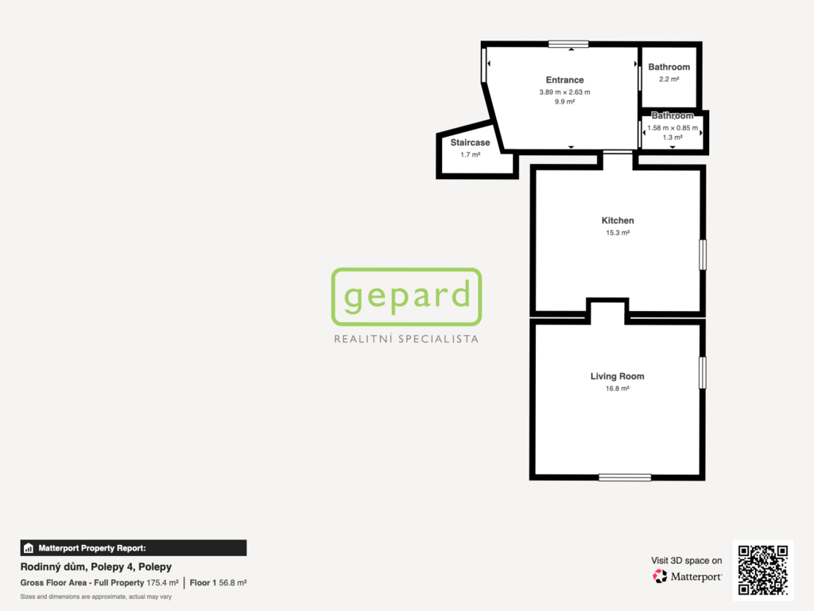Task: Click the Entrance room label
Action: [564, 80]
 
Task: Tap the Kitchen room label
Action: [617, 221]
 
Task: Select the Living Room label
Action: [617, 376]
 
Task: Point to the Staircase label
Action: [470, 142]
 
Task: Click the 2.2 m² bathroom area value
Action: [669, 79]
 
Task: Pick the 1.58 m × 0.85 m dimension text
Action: [673, 128]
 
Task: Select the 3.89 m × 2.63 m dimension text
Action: [564, 92]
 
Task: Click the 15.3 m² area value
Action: [618, 233]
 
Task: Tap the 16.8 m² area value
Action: [617, 388]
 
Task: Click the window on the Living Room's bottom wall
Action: [625, 477]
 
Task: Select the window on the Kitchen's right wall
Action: [703, 255]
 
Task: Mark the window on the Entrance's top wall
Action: [568, 45]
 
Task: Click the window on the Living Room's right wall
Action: [703, 372]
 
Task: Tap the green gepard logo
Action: [406, 297]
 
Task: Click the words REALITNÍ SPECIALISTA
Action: [406, 339]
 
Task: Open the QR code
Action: [763, 570]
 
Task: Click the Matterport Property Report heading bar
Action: [134, 547]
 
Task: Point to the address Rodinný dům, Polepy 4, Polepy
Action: [96, 566]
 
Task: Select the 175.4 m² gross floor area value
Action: [162, 583]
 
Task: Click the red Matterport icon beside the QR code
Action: [660, 576]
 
